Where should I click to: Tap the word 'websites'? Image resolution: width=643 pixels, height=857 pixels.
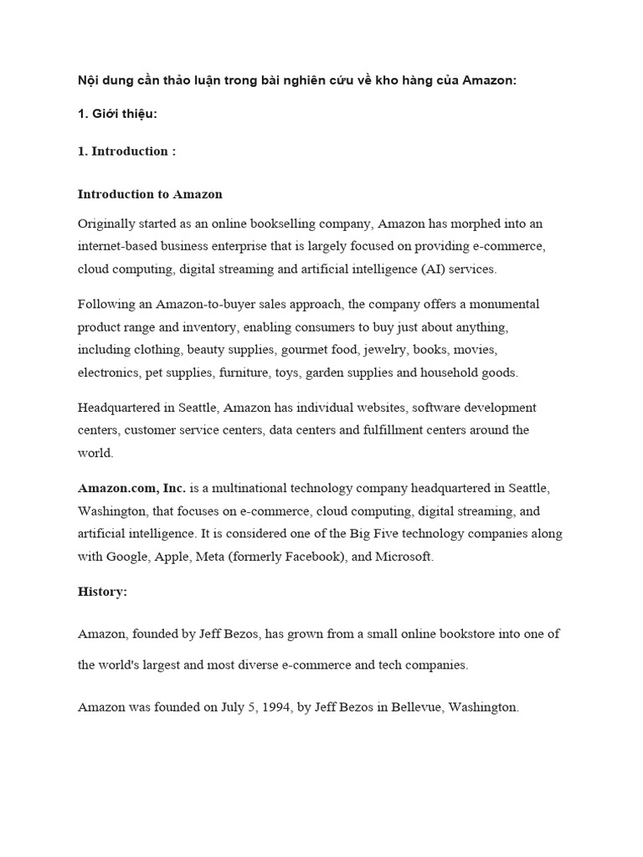click(354, 408)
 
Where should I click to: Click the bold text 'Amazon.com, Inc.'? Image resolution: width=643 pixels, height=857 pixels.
click(131, 488)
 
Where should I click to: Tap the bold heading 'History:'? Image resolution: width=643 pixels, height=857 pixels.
click(102, 591)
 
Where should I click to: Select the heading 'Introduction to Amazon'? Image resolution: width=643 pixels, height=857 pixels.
click(150, 194)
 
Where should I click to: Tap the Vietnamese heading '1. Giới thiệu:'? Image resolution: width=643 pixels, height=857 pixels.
click(118, 114)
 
